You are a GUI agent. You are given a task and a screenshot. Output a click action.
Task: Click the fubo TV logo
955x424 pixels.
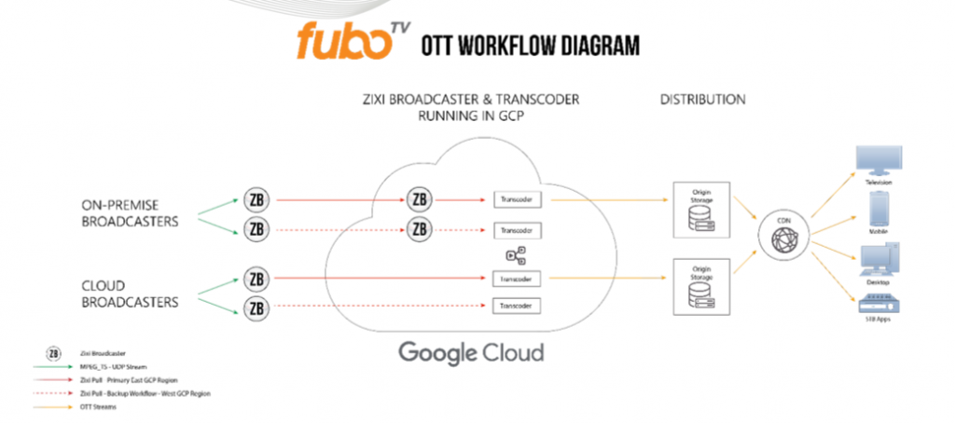coord(351,41)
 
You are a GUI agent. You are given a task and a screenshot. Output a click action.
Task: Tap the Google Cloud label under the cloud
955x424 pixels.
coord(470,353)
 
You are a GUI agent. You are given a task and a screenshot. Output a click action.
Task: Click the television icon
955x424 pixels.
coord(881,162)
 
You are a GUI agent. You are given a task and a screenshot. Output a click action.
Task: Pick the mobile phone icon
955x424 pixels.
coord(882,210)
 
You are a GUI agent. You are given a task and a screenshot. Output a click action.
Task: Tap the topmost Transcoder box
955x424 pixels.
coord(518,199)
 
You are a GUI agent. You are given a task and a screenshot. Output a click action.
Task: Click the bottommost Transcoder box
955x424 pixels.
coord(518,306)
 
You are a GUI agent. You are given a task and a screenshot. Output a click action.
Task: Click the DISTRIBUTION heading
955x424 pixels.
coord(702,99)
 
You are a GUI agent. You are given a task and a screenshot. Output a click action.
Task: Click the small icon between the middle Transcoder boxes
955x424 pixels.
coord(516,254)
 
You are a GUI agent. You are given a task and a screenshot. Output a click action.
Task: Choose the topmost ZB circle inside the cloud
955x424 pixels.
coord(420,198)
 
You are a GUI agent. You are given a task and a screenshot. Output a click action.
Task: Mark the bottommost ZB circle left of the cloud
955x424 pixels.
coord(255,308)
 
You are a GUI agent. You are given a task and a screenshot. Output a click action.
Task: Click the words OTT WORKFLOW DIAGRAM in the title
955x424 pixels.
coord(530,45)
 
